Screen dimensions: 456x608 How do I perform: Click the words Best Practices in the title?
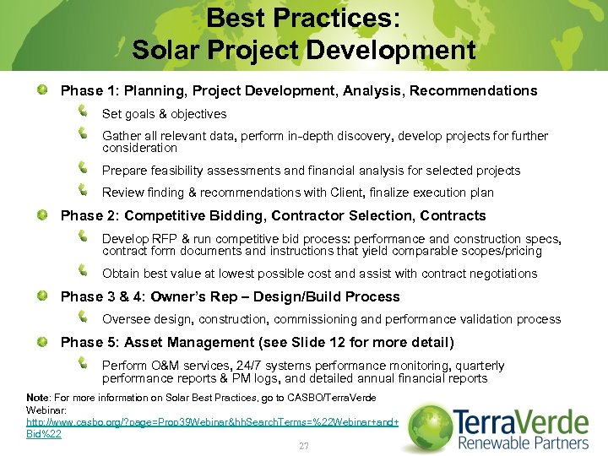[x=303, y=17]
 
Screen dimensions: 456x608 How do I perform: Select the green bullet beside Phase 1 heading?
[x=41, y=90]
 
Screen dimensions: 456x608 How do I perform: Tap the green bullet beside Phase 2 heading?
[x=41, y=215]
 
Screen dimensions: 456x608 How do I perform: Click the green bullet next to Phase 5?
[x=41, y=342]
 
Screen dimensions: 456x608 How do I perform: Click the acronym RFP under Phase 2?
[x=163, y=239]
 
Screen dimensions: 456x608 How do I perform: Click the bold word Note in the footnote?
[x=38, y=397]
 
